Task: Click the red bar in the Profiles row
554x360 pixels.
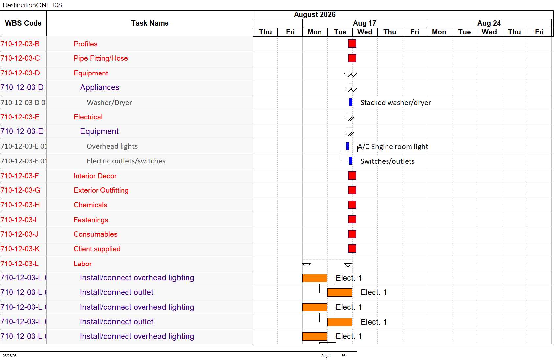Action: (x=352, y=44)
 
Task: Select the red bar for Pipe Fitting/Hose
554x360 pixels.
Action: (x=352, y=58)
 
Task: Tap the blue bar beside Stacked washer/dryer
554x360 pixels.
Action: (x=350, y=102)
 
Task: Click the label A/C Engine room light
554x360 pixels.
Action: (x=393, y=146)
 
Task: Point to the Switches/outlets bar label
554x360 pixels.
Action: (x=387, y=161)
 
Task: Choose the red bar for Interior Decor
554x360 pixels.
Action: (x=352, y=176)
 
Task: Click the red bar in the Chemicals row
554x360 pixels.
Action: (x=352, y=204)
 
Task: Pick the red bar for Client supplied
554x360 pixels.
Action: (x=352, y=248)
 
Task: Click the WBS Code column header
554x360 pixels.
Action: (x=23, y=23)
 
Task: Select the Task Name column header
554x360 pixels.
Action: (x=150, y=23)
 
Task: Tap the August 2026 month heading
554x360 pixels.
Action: (x=315, y=14)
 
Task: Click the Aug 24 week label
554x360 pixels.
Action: (x=489, y=23)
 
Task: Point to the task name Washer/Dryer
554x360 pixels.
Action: (x=109, y=102)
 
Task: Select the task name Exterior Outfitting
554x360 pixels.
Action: (x=101, y=190)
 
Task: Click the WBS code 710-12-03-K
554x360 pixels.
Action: (x=20, y=249)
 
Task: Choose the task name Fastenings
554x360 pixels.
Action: (x=91, y=220)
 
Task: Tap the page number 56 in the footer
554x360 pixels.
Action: (x=343, y=356)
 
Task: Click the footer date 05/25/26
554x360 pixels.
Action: (x=10, y=356)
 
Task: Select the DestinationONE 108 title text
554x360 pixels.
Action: (x=32, y=5)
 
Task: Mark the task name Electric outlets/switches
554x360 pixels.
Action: (x=126, y=161)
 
